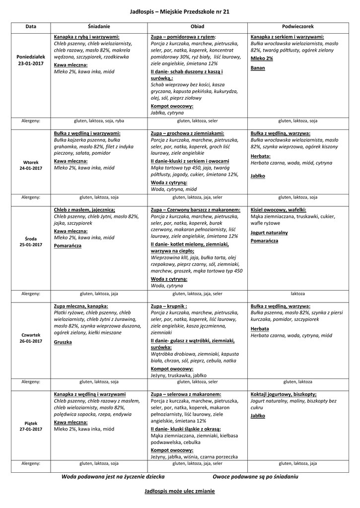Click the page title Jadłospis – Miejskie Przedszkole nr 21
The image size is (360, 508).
pyautogui.click(x=180, y=11)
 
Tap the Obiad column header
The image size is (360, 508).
pyautogui.click(x=197, y=26)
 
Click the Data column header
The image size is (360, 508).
pyautogui.click(x=31, y=26)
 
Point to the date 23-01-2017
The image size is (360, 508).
pyautogui.click(x=31, y=64)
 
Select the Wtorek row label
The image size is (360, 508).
pyautogui.click(x=31, y=162)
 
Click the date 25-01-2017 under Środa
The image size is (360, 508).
pyautogui.click(x=31, y=245)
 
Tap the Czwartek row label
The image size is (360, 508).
pyautogui.click(x=31, y=335)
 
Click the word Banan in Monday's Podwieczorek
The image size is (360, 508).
pyautogui.click(x=258, y=68)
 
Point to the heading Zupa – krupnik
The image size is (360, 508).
pyautogui.click(x=169, y=306)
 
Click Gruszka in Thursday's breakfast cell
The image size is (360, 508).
pyautogui.click(x=63, y=342)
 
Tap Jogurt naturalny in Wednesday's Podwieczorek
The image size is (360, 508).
pyautogui.click(x=269, y=232)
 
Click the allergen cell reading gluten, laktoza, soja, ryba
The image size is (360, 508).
pyautogui.click(x=99, y=121)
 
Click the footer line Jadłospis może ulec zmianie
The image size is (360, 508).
pyautogui.click(x=180, y=491)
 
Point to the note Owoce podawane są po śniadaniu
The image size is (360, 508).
pyautogui.click(x=255, y=476)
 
